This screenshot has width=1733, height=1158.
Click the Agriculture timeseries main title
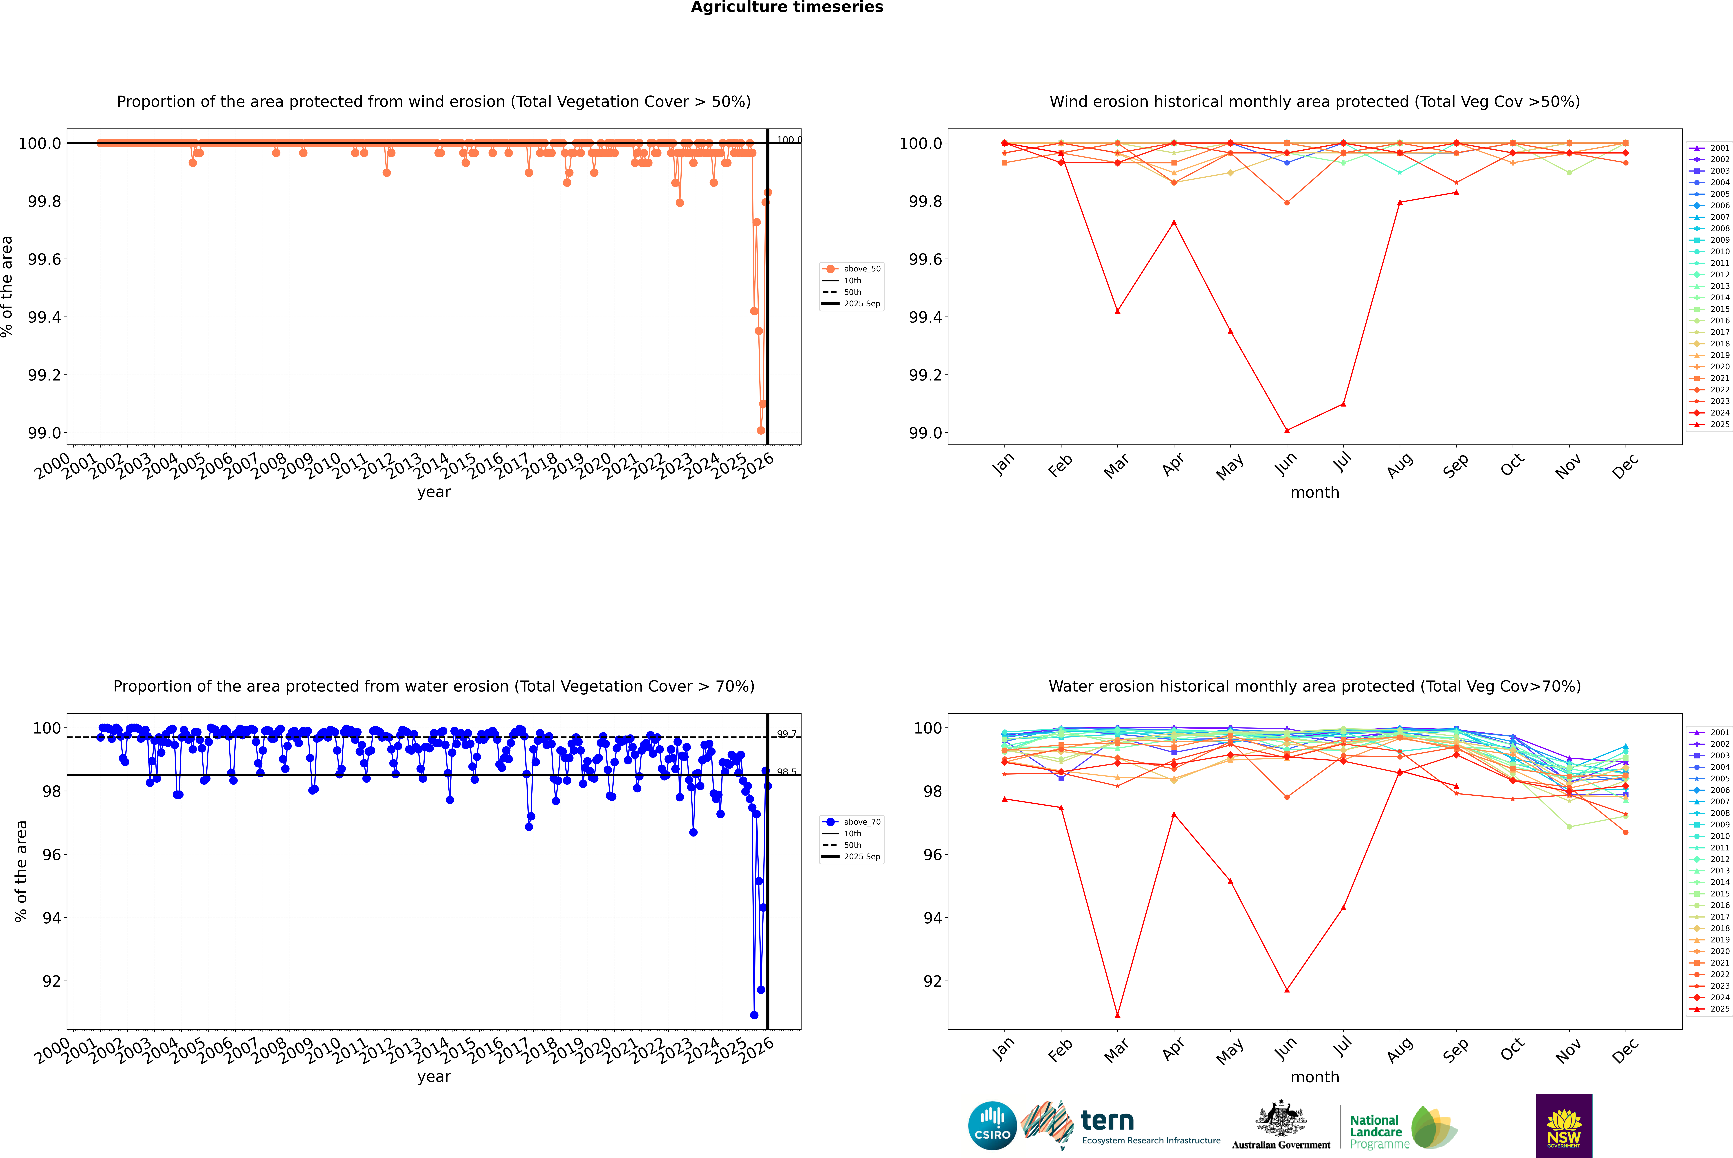(787, 7)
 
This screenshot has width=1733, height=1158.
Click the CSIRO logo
(992, 1126)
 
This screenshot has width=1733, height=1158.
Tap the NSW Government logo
(1564, 1126)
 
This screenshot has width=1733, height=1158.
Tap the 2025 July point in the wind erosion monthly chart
(1343, 404)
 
